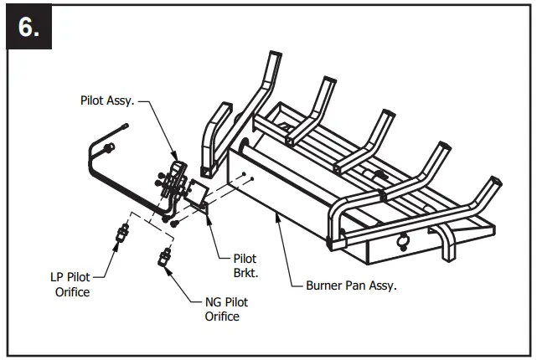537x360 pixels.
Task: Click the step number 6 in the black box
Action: point(30,27)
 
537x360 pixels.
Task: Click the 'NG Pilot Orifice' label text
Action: point(226,309)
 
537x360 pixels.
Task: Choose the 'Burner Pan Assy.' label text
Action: point(349,285)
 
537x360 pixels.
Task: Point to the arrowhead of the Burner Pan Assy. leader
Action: point(276,216)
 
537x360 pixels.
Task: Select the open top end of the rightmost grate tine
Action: point(496,181)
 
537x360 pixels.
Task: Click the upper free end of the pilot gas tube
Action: point(125,126)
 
